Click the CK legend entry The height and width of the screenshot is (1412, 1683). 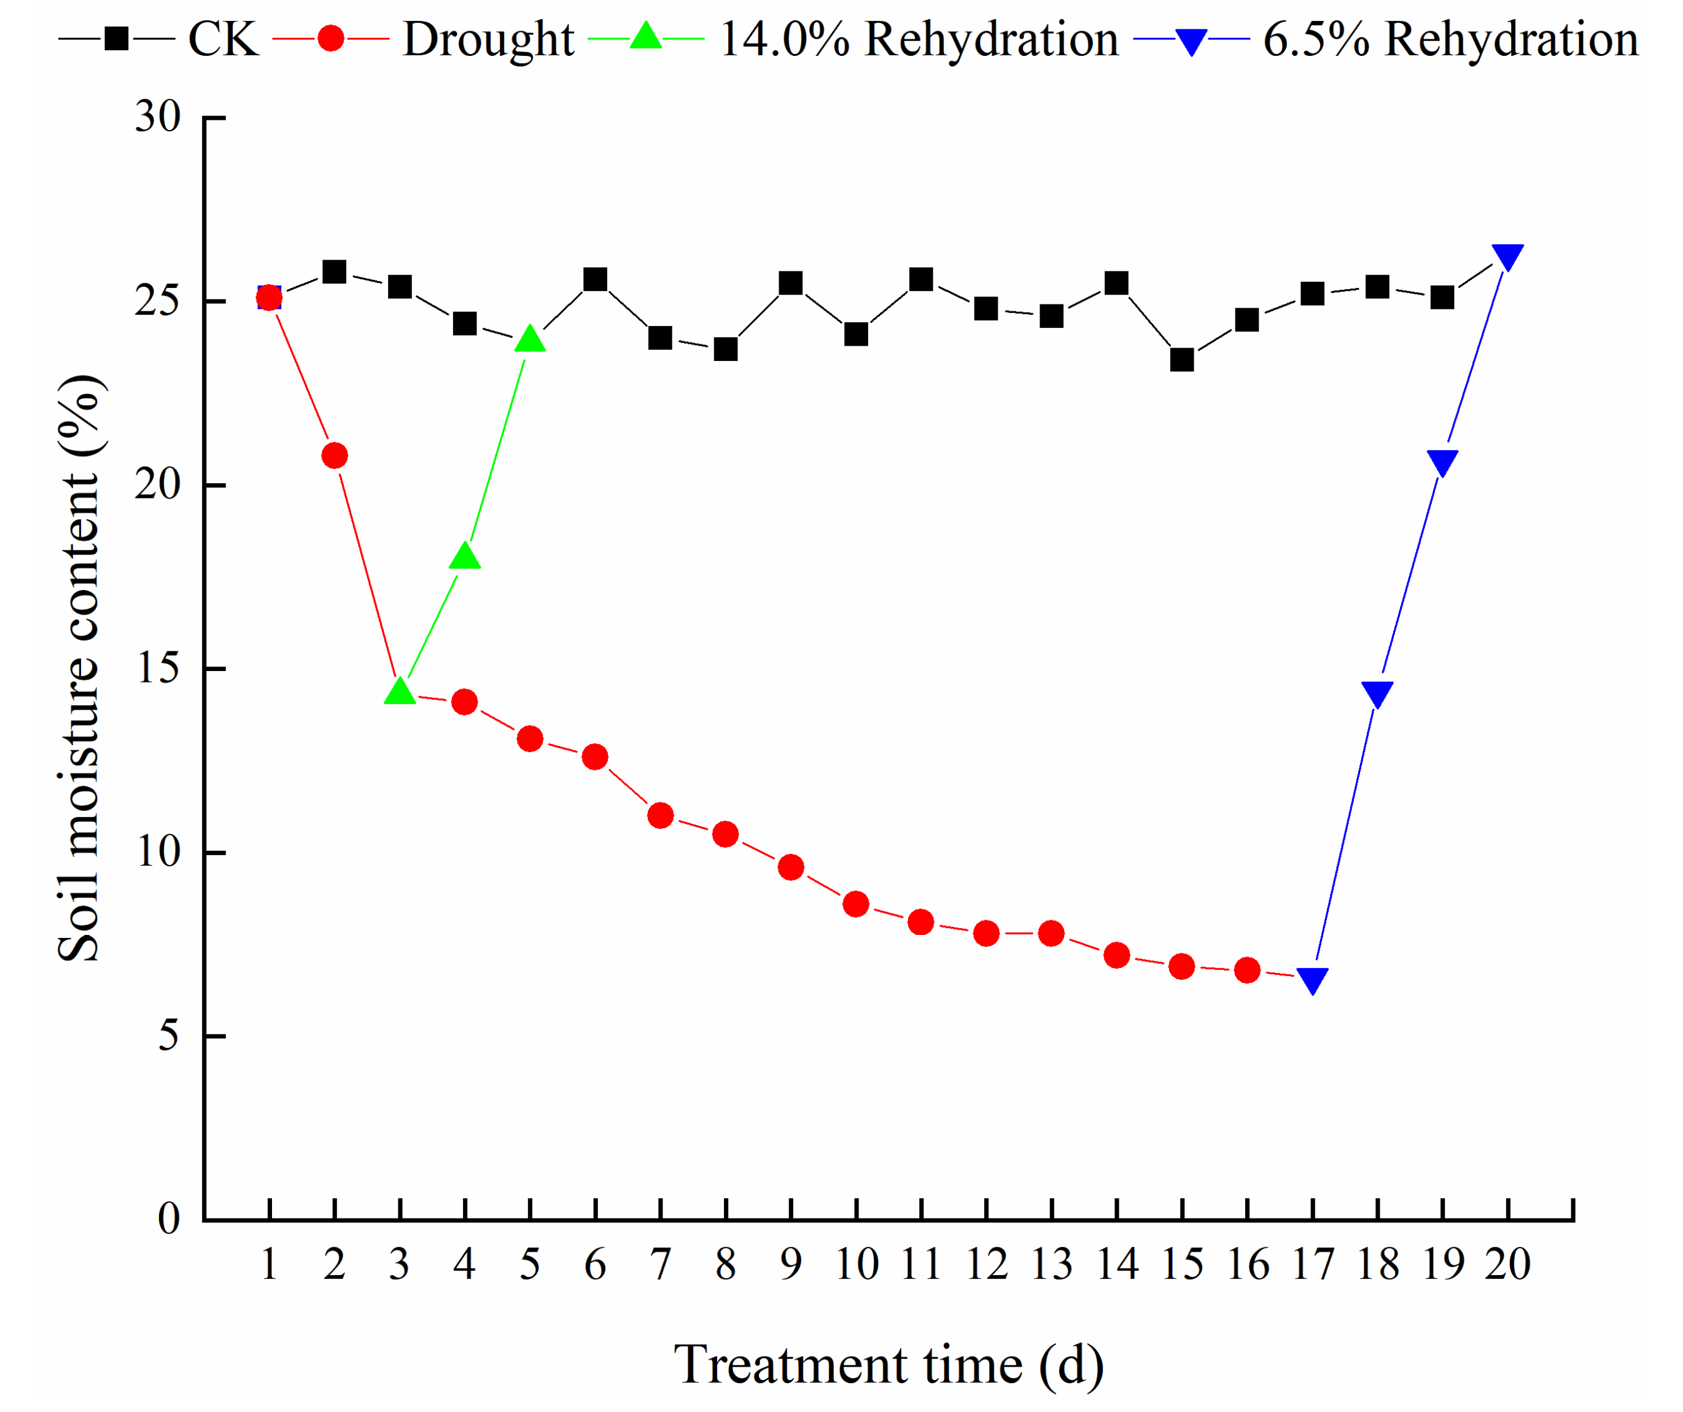click(158, 39)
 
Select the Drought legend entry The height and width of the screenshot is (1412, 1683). click(423, 39)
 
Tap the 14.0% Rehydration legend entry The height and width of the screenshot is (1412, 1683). click(853, 39)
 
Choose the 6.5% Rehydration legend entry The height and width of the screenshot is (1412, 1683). click(1386, 39)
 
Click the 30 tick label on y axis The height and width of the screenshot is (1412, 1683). click(158, 117)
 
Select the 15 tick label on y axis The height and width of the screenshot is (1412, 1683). click(158, 669)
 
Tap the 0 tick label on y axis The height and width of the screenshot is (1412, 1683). click(169, 1220)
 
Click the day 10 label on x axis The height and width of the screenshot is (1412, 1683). click(857, 1265)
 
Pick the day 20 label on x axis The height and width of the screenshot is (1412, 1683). click(1507, 1265)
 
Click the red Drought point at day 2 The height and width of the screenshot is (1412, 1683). click(334, 455)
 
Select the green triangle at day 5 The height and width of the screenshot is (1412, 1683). click(530, 339)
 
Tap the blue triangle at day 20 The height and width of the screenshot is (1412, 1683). click(1507, 257)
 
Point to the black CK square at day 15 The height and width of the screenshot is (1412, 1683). click(1182, 360)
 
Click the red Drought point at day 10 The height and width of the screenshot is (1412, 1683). click(856, 904)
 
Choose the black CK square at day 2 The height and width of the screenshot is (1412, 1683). click(334, 272)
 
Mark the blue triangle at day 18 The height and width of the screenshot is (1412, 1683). click(1377, 694)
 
